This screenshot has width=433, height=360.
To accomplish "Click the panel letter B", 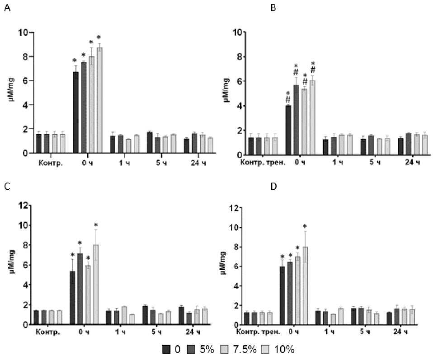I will click(x=273, y=8).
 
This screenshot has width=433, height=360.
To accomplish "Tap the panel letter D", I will click(x=273, y=186).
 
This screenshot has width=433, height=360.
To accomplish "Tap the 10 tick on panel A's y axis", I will click(x=23, y=33).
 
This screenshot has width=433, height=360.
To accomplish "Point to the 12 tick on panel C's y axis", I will click(x=23, y=206).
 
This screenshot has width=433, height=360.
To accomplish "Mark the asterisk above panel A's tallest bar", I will click(x=99, y=37).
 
